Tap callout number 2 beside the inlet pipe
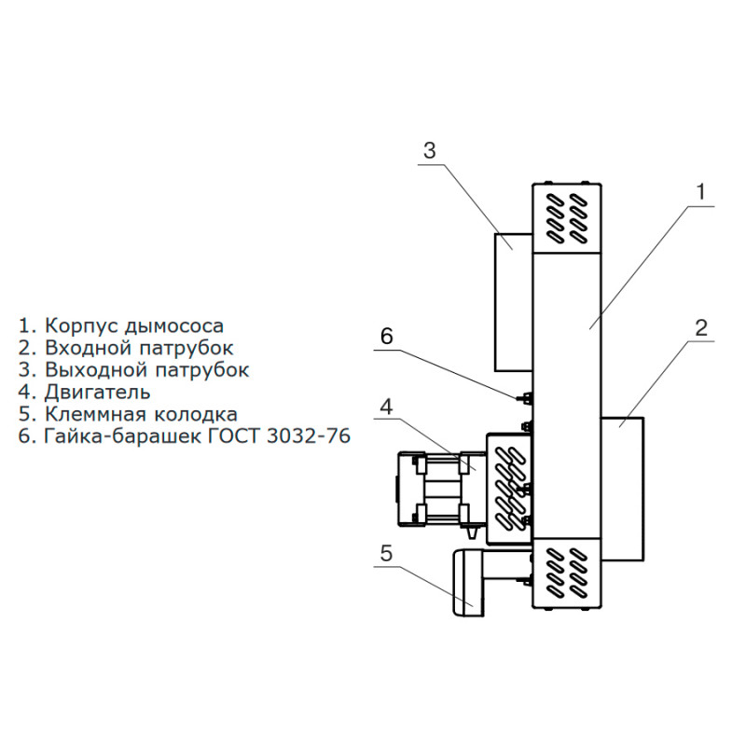tap(701, 328)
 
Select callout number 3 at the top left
tap(429, 150)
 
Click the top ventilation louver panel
tap(568, 216)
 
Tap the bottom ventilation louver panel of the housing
tap(568, 573)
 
